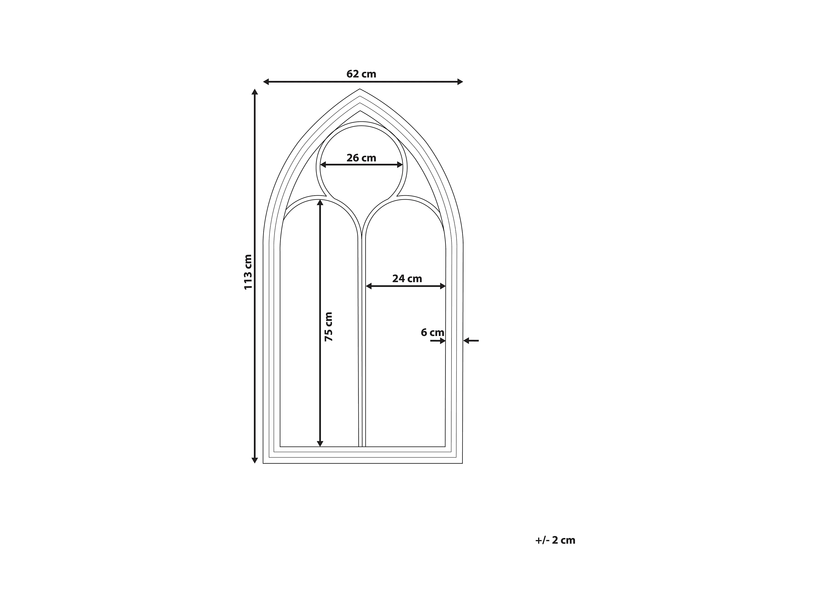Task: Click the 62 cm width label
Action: click(x=361, y=74)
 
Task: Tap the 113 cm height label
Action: click(x=248, y=272)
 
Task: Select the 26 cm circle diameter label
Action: click(x=361, y=158)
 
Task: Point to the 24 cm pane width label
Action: click(x=407, y=279)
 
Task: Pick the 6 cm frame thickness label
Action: click(x=432, y=332)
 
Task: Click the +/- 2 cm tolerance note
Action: click(x=555, y=540)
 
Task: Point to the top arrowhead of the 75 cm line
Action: click(x=320, y=202)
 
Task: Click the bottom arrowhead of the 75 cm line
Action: click(x=320, y=444)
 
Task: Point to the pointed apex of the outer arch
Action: click(x=359, y=89)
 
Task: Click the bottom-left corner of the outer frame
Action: click(x=263, y=463)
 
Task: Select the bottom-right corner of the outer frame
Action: click(x=463, y=463)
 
